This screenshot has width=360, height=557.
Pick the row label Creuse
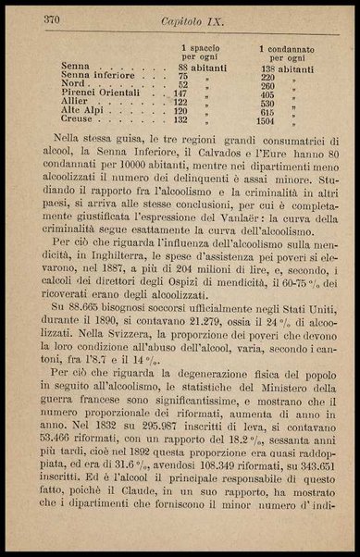[77, 120]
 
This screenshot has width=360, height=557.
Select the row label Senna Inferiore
[98, 76]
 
